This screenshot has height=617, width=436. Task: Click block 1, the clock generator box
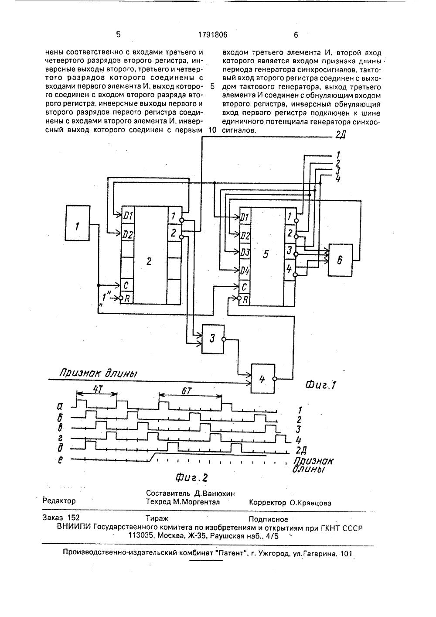click(77, 223)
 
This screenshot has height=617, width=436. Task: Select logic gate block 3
click(212, 339)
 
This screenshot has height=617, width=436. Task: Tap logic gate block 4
click(262, 378)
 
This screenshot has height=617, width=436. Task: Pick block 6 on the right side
click(340, 260)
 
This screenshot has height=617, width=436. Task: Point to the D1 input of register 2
click(128, 215)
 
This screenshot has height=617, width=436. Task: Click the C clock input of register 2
click(126, 285)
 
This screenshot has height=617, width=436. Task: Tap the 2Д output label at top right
click(340, 135)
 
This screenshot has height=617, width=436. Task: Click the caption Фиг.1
click(321, 384)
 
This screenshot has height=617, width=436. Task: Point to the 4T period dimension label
click(98, 389)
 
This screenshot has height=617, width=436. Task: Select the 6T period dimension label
click(187, 391)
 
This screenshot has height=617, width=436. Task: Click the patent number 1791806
click(213, 35)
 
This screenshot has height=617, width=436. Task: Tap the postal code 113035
click(141, 536)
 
